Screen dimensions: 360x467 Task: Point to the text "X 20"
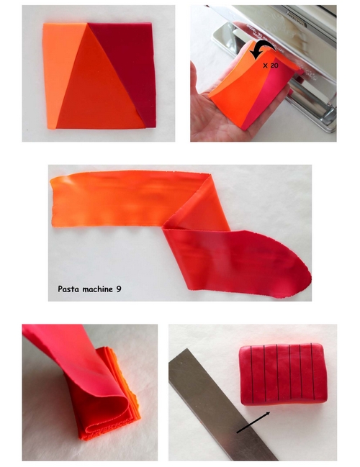click(270, 65)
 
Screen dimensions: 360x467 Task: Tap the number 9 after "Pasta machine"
click(119, 289)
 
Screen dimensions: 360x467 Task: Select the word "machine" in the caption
click(98, 289)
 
